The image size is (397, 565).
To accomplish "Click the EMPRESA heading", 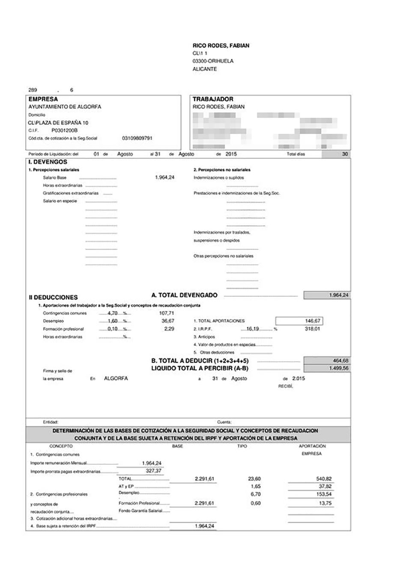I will click(x=43, y=99).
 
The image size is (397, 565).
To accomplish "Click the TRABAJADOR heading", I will click(x=213, y=99).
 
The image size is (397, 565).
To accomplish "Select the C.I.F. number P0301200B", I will click(x=64, y=130).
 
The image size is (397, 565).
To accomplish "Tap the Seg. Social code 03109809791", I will click(x=137, y=138).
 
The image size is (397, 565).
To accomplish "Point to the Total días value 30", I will click(x=345, y=154).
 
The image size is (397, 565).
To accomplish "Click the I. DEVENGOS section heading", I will click(x=48, y=162).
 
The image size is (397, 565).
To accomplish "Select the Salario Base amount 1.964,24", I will click(x=164, y=177).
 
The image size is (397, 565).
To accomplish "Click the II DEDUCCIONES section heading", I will click(x=53, y=297).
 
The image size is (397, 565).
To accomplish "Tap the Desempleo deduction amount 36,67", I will click(x=167, y=321).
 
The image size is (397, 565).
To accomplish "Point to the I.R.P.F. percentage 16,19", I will click(x=253, y=329).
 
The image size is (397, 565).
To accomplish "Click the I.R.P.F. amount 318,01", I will click(x=312, y=329).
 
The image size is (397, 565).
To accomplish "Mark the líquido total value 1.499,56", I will click(x=339, y=368).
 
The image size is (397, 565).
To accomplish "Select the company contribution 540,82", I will click(x=324, y=479).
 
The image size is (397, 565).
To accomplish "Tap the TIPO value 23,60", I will click(x=254, y=479).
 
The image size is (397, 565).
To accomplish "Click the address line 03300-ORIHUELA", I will click(x=213, y=61).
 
